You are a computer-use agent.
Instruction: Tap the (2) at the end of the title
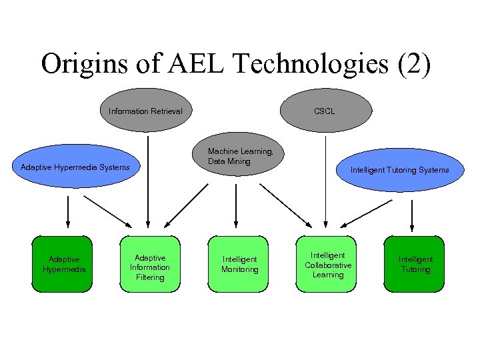pos(415,64)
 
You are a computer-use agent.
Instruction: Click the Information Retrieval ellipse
pos(145,111)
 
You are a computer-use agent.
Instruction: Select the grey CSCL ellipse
pos(325,111)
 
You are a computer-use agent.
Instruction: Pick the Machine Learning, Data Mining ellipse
pos(239,157)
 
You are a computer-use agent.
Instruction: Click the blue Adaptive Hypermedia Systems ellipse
pos(75,167)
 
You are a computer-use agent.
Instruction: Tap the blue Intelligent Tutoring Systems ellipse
pos(399,170)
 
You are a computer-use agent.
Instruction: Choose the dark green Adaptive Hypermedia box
pos(64,264)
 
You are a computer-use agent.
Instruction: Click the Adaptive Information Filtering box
pos(150,264)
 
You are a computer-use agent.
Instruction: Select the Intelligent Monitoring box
pos(239,264)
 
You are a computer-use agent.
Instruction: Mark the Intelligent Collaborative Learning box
pos(328,264)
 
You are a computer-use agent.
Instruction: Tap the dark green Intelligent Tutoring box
pos(415,264)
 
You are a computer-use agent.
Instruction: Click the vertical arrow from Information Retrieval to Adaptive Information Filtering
pos(148,180)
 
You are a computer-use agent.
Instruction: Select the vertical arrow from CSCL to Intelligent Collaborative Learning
pos(325,180)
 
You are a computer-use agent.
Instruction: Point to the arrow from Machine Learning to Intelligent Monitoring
pos(235,207)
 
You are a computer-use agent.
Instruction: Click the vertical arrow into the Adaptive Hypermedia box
pos(68,213)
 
